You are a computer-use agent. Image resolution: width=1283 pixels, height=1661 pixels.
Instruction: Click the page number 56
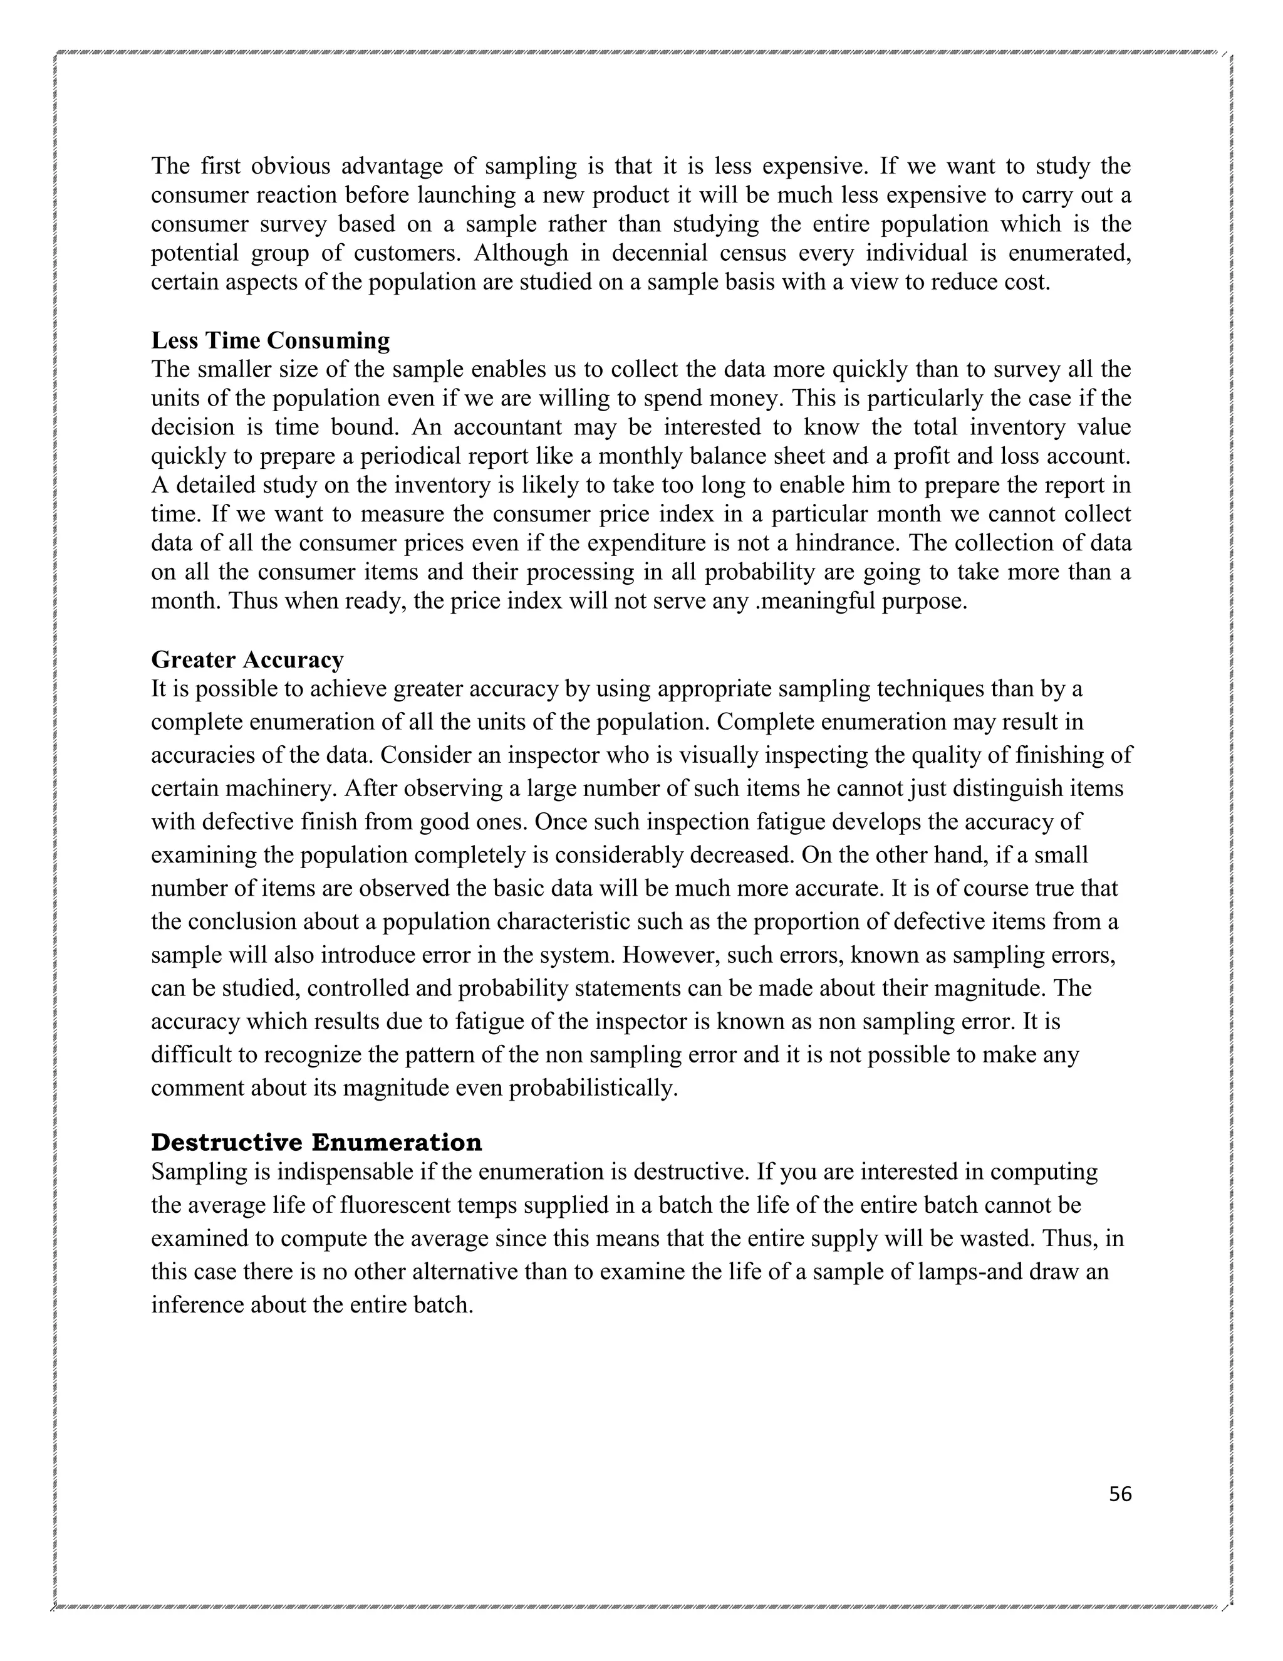point(1119,1494)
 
